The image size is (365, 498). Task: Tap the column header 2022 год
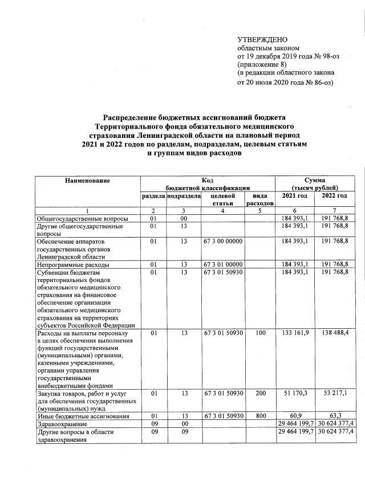334,195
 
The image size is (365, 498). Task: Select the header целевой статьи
224,199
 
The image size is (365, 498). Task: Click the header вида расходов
260,199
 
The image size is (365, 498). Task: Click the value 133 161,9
295,332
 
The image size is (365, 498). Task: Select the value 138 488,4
334,332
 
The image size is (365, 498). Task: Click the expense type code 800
261,417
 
